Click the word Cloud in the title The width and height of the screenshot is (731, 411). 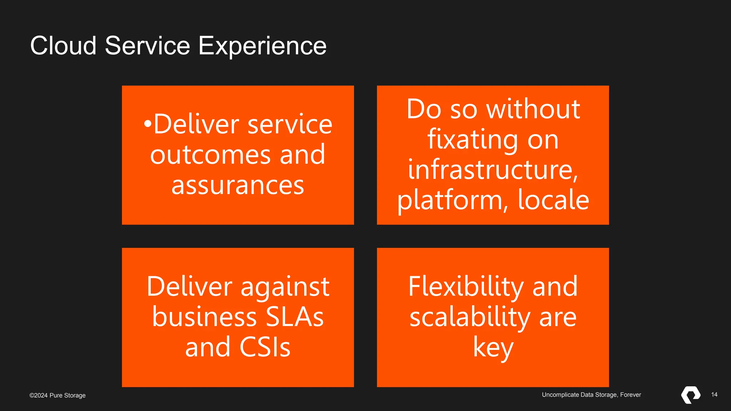point(64,46)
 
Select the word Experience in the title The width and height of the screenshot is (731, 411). point(262,46)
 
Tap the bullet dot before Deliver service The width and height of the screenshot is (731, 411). point(147,124)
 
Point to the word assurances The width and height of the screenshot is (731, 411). point(238,186)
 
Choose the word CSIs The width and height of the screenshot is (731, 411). point(265,347)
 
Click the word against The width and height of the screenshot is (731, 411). point(285,287)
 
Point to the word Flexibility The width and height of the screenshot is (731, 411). point(466,286)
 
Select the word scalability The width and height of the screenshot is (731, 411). point(470,318)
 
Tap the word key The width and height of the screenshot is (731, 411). point(493,348)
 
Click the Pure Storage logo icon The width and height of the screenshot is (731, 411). point(691,395)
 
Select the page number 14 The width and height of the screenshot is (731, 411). point(714,395)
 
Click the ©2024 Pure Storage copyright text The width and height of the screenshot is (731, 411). point(57,395)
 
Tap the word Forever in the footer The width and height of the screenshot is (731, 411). point(630,395)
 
